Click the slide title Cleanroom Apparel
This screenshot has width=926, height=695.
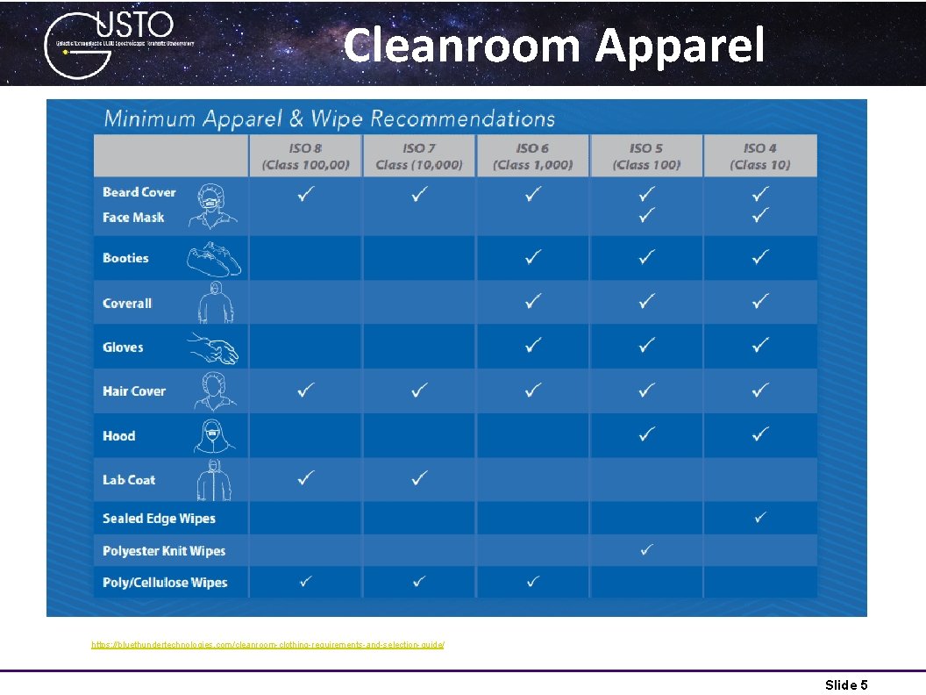[x=553, y=45]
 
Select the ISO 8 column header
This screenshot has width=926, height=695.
[x=305, y=156]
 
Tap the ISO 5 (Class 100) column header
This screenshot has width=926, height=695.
[x=646, y=156]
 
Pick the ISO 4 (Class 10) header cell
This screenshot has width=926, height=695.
[x=760, y=156]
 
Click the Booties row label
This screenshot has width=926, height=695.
[x=125, y=258]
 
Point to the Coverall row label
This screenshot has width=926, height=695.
[x=127, y=303]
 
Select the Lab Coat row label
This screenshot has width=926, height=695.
[x=129, y=480]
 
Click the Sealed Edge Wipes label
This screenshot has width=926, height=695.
[x=159, y=519]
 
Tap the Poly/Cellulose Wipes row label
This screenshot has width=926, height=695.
[x=165, y=583]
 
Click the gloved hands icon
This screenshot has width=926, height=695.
[x=213, y=348]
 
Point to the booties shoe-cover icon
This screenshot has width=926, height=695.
[x=213, y=259]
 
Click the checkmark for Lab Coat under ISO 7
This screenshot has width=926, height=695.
[x=419, y=478]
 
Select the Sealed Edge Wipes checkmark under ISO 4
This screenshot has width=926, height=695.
[x=760, y=518]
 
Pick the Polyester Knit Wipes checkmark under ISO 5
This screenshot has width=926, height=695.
[x=646, y=549]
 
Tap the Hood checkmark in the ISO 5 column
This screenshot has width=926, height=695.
[x=646, y=433]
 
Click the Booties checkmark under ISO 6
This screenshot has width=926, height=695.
[x=532, y=256]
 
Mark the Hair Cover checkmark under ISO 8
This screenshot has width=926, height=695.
[x=305, y=389]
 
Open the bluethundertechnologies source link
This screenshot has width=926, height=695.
[x=267, y=645]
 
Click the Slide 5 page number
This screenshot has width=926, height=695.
[x=846, y=684]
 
